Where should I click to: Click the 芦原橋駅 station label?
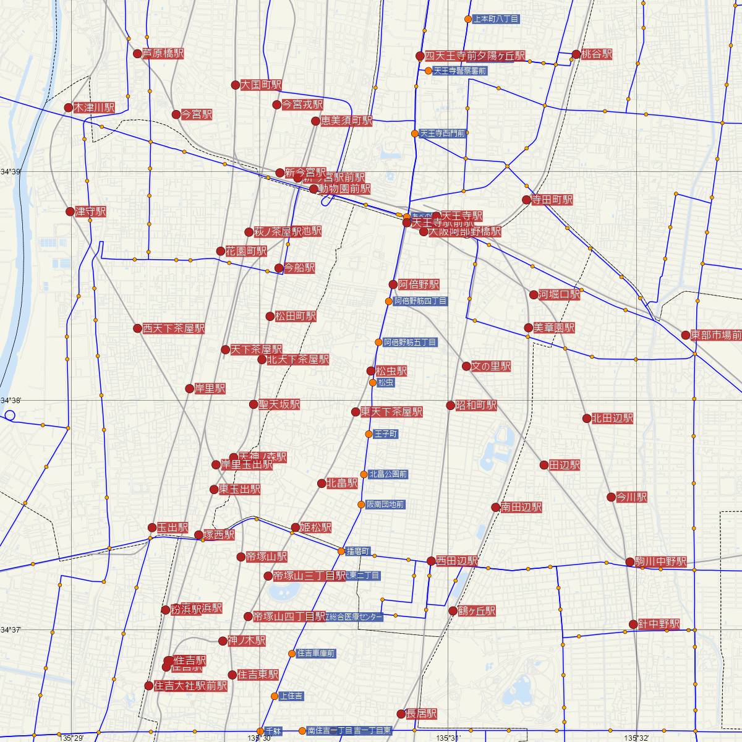[x=163, y=54]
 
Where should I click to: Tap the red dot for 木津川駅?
[x=69, y=108]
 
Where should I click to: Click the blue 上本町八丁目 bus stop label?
[x=495, y=19]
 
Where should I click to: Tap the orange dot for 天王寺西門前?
[x=415, y=133]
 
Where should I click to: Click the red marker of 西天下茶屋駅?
[x=138, y=328]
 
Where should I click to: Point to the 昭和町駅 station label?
[x=476, y=406]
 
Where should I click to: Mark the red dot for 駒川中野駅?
[x=630, y=562]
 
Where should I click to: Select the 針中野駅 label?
[x=659, y=625]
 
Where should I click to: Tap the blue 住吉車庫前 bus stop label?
[x=316, y=654]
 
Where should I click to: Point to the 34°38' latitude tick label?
[x=11, y=401]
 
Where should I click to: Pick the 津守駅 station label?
[x=90, y=211]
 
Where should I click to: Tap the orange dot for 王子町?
[x=369, y=434]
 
